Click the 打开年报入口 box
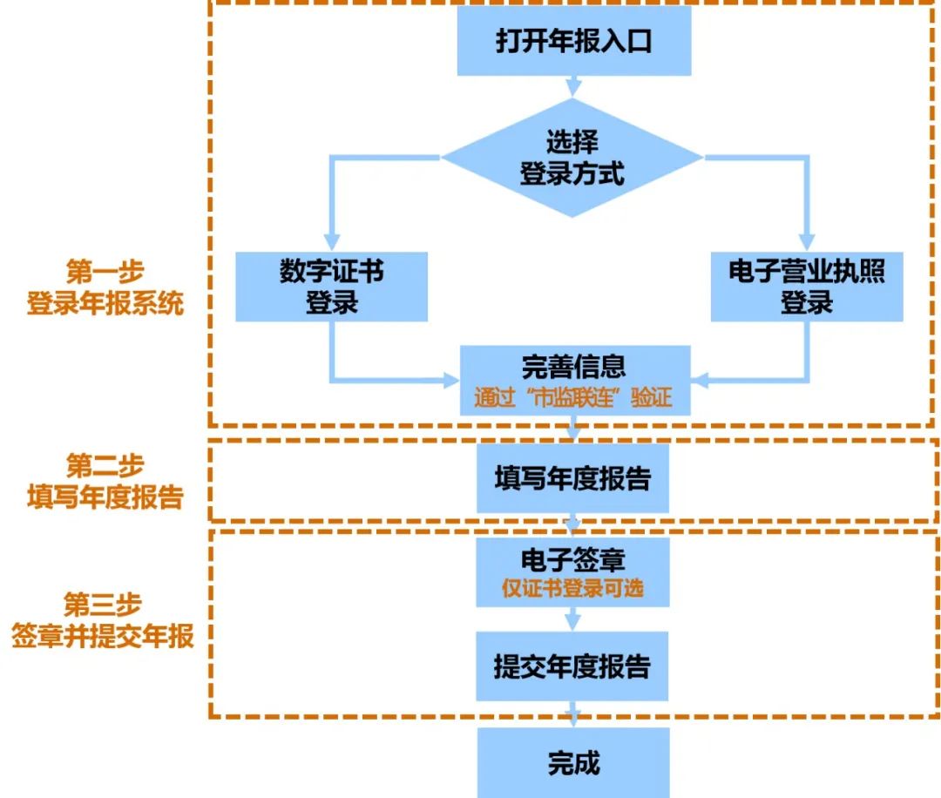[x=573, y=43]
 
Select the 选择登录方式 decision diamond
[x=572, y=158]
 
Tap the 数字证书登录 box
[x=331, y=287]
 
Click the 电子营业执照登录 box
[x=806, y=287]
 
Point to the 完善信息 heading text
[x=573, y=366]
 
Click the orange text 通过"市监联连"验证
[x=573, y=398]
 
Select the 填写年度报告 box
[x=572, y=479]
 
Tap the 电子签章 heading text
[x=572, y=557]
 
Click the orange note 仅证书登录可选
[x=572, y=588]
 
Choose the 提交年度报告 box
[x=572, y=666]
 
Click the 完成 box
[x=572, y=763]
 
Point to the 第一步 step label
[x=105, y=272]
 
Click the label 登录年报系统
[x=105, y=305]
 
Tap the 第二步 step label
[x=105, y=464]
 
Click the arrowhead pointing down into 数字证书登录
[x=331, y=242]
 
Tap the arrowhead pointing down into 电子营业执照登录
[x=806, y=242]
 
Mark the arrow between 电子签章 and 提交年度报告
[x=572, y=619]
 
